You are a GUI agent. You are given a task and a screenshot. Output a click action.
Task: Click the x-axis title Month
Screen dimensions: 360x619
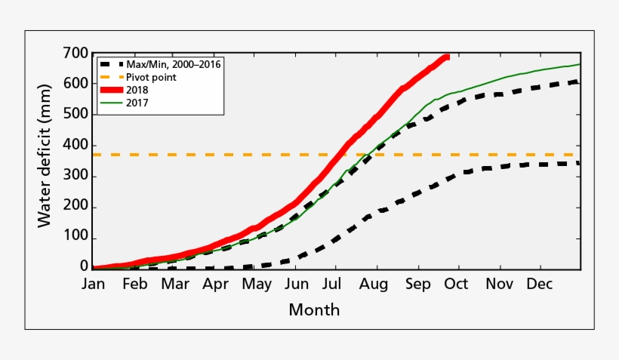coord(314,309)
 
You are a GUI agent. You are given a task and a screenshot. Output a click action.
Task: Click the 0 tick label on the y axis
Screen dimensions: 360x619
coord(84,266)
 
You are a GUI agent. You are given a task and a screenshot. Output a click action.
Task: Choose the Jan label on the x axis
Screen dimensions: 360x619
coord(93,285)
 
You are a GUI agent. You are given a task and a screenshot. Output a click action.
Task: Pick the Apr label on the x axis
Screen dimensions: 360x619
coord(216,285)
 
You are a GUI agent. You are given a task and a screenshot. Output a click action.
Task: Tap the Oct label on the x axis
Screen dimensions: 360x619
coord(456,285)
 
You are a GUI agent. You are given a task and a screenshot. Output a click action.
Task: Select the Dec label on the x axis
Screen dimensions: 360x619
coord(538,285)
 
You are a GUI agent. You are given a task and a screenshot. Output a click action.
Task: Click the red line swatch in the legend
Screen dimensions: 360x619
coord(110,90)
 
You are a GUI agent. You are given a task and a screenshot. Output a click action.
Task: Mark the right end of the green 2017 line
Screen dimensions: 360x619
coord(579,64)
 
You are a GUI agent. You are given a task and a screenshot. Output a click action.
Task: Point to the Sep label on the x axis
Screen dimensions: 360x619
coord(417,285)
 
